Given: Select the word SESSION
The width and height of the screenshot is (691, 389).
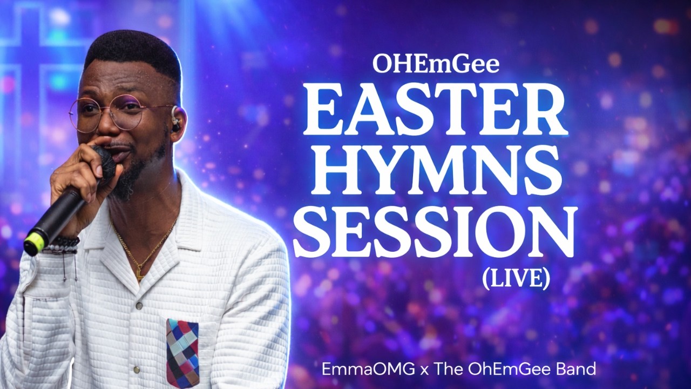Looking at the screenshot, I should (435, 233).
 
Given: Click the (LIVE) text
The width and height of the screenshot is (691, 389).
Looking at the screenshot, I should (516, 278).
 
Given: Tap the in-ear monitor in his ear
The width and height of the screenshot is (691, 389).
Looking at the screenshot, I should (175, 123).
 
